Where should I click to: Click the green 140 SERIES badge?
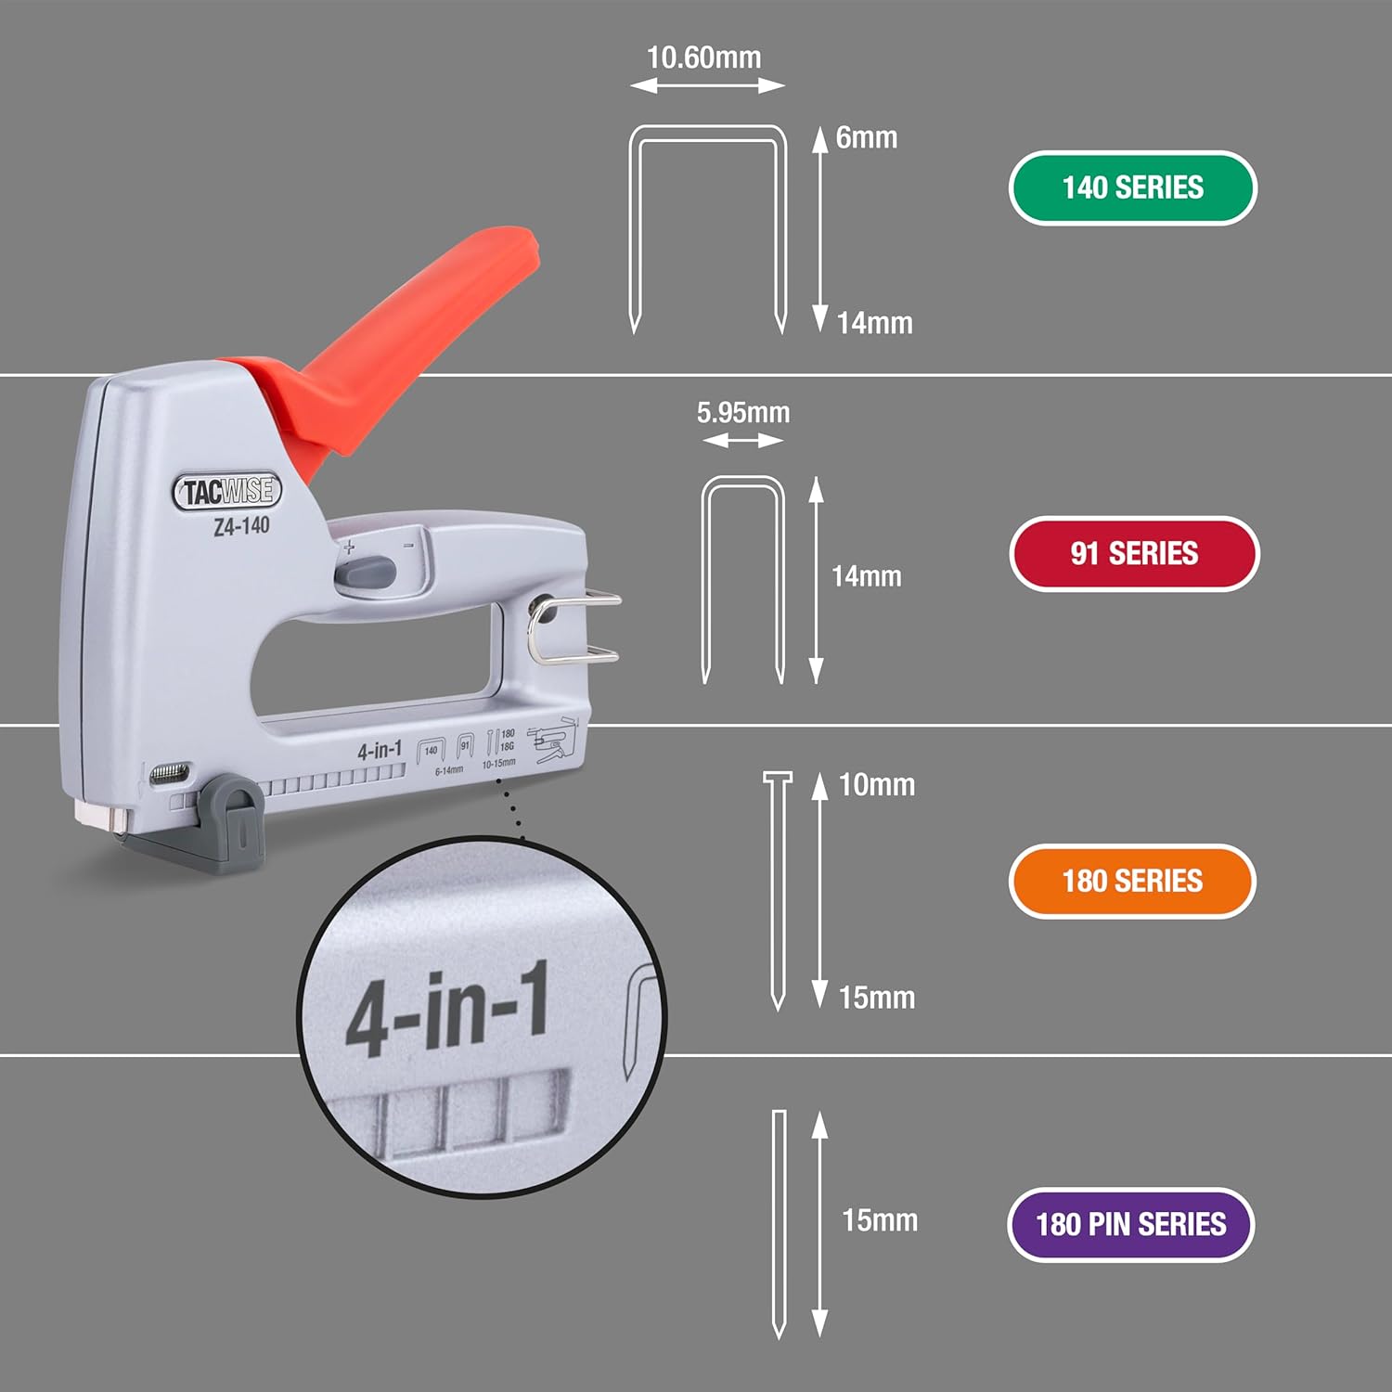(x=1132, y=187)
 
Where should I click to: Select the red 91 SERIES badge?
(x=1133, y=553)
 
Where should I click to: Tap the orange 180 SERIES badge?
(x=1132, y=881)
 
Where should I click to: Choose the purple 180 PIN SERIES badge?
(x=1130, y=1224)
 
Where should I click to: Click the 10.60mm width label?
(x=703, y=58)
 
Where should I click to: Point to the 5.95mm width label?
(x=743, y=412)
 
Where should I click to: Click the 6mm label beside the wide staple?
(x=866, y=137)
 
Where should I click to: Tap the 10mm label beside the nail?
(x=876, y=785)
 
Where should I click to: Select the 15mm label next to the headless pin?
(x=879, y=1219)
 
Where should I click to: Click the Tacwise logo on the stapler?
(x=226, y=491)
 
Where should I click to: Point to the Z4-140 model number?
(x=241, y=526)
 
